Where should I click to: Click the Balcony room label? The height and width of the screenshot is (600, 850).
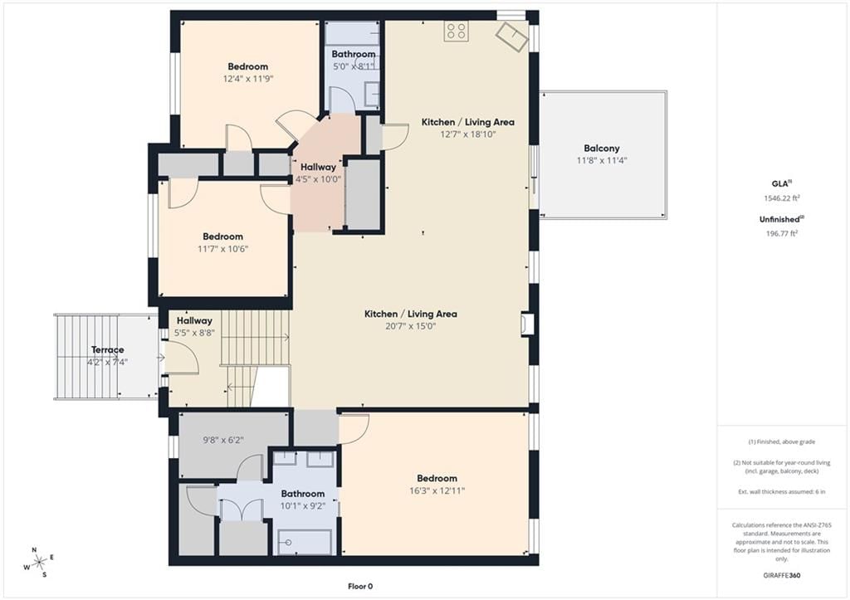[x=601, y=148]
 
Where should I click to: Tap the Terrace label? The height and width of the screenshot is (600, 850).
[x=107, y=349]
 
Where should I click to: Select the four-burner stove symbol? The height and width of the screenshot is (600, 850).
[x=456, y=31]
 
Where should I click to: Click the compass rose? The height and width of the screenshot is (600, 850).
[x=38, y=563]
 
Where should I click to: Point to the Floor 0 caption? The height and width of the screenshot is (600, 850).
[x=360, y=586]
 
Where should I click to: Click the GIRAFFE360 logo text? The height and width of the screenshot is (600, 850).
[x=781, y=575]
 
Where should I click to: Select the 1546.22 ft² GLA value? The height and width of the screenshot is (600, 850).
[x=781, y=198]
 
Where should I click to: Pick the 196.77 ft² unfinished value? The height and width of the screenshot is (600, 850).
[x=781, y=233]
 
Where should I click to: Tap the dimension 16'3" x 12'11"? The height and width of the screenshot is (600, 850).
[x=437, y=491]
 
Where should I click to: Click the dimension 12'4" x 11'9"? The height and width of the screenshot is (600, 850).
[x=247, y=79]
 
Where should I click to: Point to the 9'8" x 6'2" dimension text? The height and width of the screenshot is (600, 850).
[x=222, y=441]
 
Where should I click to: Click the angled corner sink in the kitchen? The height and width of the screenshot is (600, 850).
[x=511, y=37]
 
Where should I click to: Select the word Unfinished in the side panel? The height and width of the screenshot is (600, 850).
[x=779, y=220]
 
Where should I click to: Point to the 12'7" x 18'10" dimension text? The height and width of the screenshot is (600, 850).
[x=468, y=134]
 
